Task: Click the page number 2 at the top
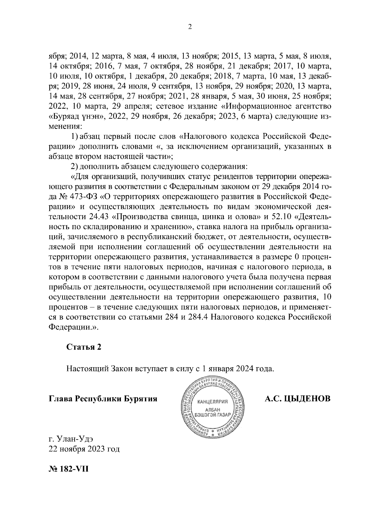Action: pos(190,27)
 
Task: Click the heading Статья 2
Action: pos(84,347)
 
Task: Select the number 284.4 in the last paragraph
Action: pos(197,318)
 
